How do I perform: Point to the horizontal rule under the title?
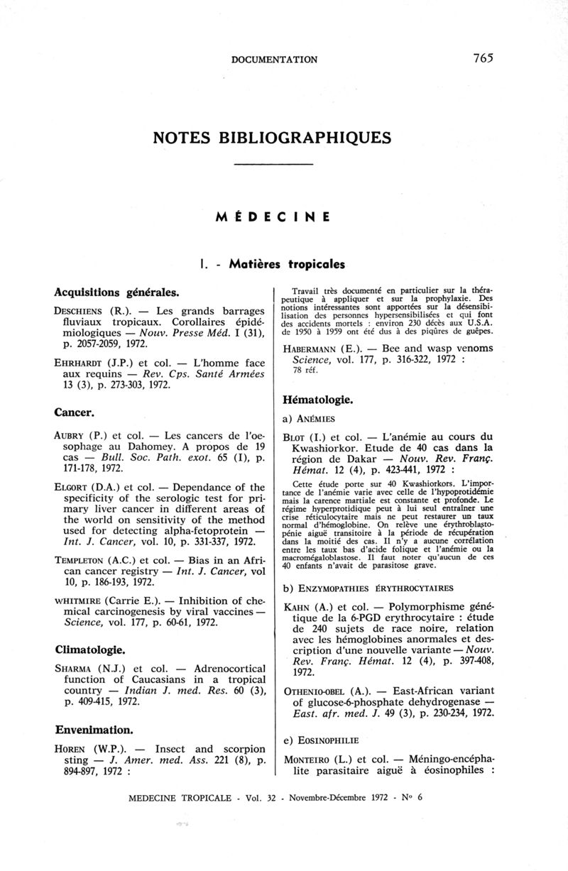click(273, 165)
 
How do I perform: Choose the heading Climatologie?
click(90, 650)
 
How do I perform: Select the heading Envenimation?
click(92, 729)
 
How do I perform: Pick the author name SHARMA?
click(75, 669)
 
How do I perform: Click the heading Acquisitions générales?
click(116, 292)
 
